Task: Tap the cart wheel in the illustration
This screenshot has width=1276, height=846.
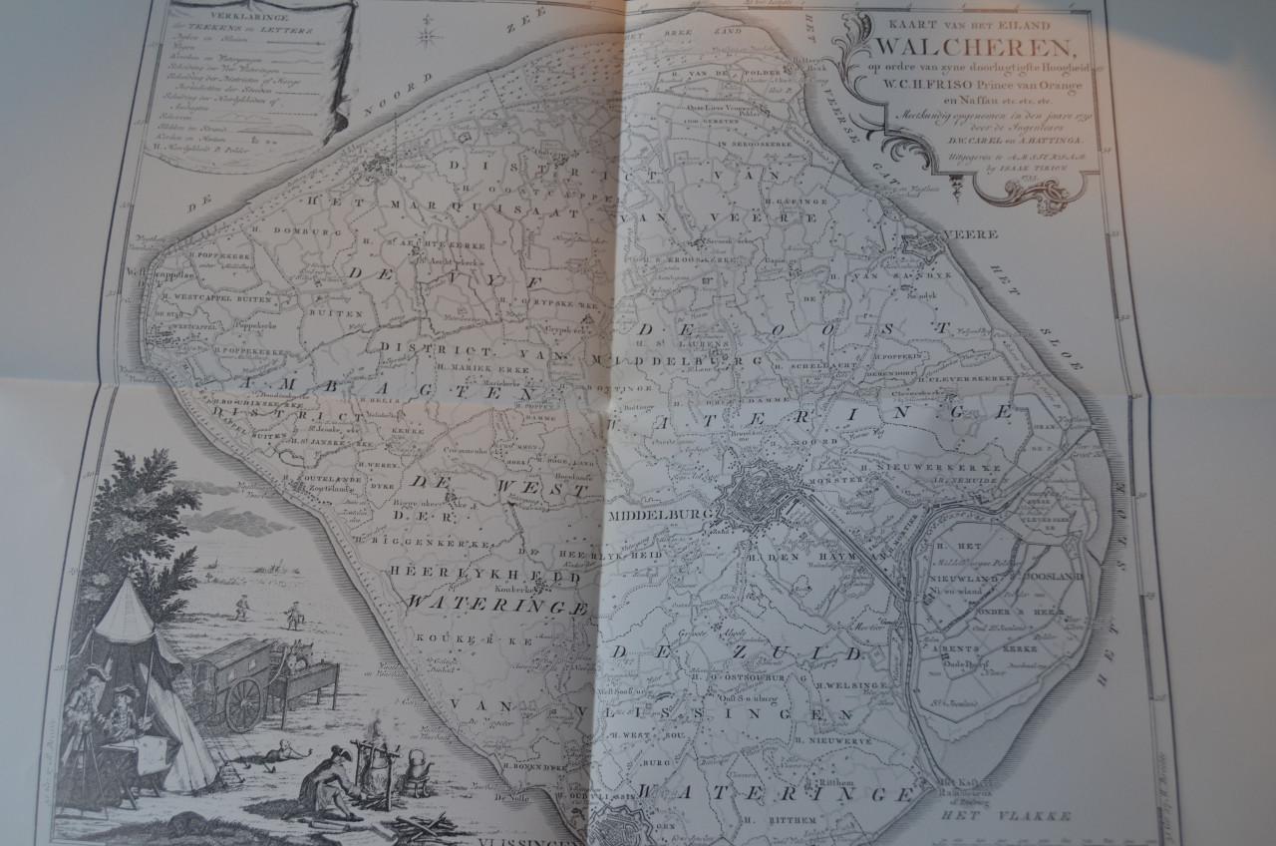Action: [x=243, y=704]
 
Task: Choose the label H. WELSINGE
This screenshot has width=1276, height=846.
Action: [x=845, y=685]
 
